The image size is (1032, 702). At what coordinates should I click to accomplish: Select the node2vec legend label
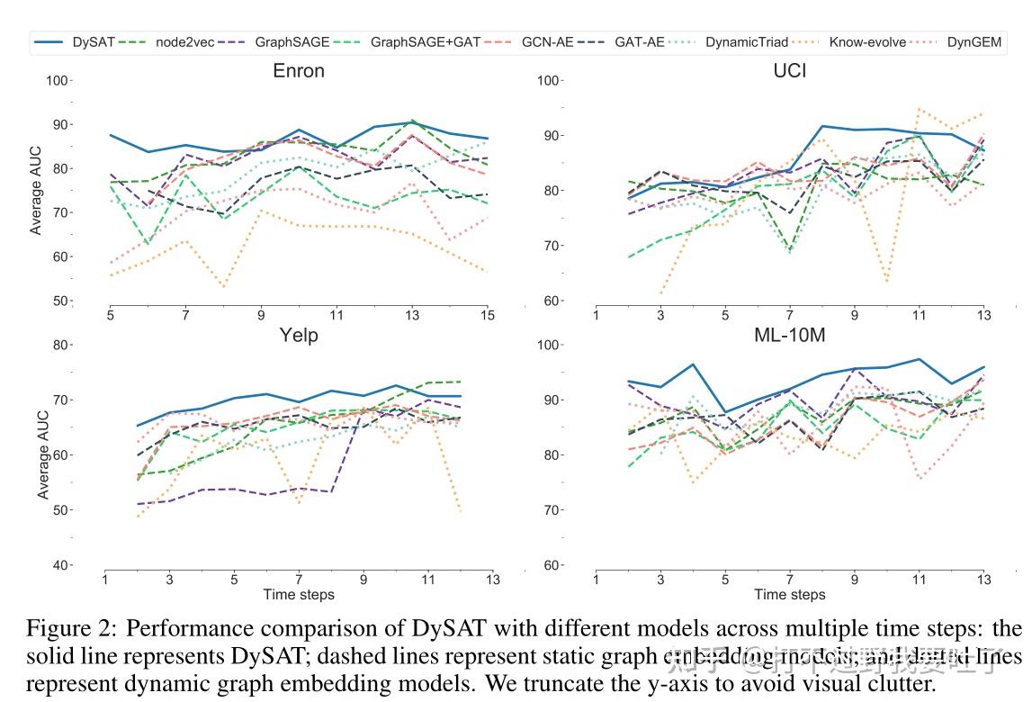[x=184, y=41]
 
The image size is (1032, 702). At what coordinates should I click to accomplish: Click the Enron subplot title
[x=298, y=71]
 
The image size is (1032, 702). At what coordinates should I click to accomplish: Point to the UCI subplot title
[x=789, y=71]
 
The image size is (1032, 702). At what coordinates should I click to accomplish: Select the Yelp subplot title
[x=298, y=335]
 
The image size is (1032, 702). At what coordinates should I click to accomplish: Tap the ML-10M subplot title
[x=789, y=335]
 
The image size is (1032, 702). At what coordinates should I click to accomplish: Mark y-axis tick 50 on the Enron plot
[x=60, y=301]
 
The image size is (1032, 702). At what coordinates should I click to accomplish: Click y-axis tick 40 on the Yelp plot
[x=60, y=565]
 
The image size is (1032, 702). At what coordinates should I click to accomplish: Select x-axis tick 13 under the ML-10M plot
[x=985, y=580]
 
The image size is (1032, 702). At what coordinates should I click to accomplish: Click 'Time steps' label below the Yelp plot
[x=298, y=595]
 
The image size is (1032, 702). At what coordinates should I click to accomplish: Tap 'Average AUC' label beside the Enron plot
[x=36, y=191]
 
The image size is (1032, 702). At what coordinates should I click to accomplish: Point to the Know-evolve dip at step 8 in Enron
[x=222, y=287]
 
